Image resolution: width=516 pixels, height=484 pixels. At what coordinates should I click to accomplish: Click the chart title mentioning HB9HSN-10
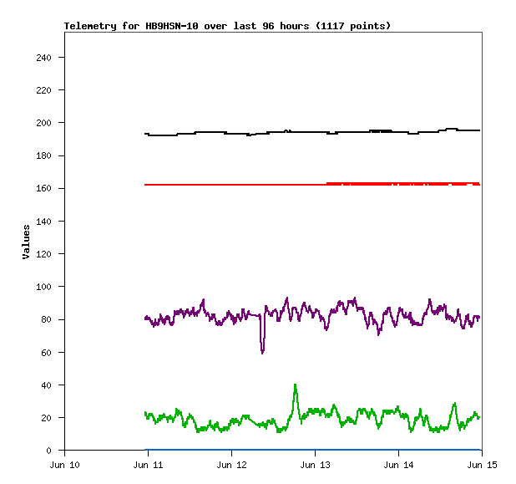coord(227,26)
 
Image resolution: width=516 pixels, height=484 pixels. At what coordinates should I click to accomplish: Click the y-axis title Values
coord(26,242)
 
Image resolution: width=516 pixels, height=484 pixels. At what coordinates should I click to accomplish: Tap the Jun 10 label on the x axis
coord(65,464)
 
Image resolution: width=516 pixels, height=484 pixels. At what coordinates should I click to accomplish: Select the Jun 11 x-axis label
coord(148,464)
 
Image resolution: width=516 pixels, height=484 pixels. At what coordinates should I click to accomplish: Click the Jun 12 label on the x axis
coord(231,464)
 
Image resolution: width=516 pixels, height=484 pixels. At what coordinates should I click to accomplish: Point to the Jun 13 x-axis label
coord(315,464)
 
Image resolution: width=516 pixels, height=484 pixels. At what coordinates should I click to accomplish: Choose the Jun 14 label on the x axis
coord(398,464)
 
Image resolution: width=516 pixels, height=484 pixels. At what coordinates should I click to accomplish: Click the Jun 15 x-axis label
coord(481,464)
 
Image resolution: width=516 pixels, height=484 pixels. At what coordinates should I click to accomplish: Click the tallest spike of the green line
coord(295,385)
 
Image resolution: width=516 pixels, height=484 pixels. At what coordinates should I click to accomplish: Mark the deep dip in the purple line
coord(262,352)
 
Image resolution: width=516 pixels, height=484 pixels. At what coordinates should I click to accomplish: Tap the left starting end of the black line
coord(145,134)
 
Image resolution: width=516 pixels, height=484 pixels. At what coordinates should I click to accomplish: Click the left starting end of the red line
coord(145,185)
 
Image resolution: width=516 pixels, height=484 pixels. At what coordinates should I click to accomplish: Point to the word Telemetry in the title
coord(89,26)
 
